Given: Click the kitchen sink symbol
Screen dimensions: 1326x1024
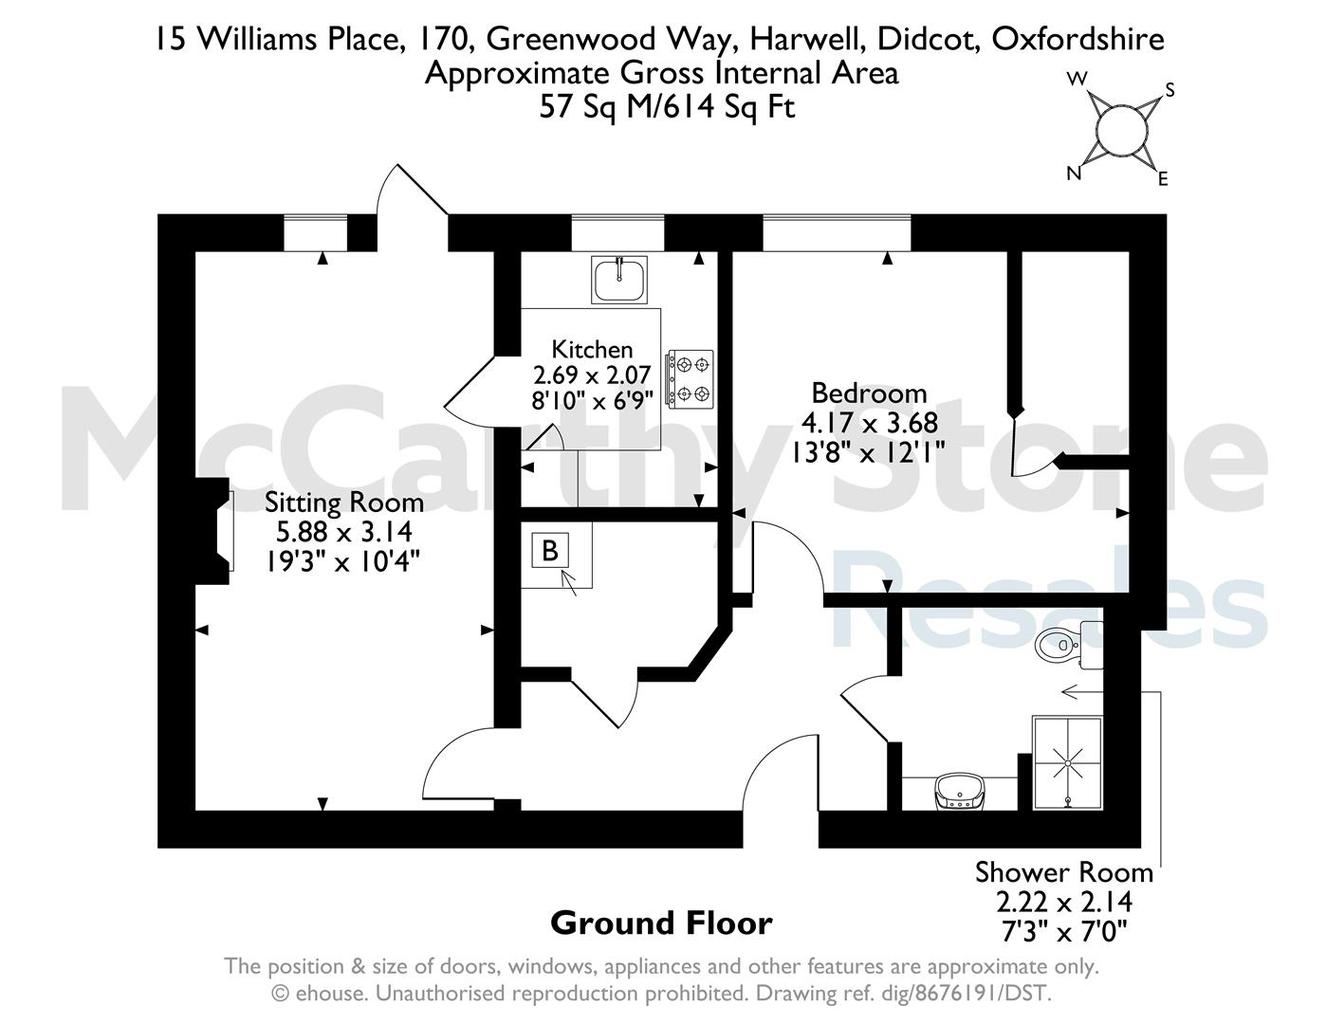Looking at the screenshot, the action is [618, 280].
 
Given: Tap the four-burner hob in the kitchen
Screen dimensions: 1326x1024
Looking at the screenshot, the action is [690, 378].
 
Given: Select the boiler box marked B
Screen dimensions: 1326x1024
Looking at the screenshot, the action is [550, 551].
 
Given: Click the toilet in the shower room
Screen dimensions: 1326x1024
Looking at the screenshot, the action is [1069, 644].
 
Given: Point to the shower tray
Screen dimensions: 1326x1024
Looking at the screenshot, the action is [1067, 763].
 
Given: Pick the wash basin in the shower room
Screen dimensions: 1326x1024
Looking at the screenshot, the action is [960, 792].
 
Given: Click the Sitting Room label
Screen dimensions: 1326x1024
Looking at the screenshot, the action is [344, 503].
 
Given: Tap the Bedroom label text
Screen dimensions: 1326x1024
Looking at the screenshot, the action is [869, 393].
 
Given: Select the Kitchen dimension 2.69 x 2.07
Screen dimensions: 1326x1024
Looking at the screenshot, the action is [592, 374].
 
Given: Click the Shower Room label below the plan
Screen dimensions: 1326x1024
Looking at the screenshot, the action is [1063, 872].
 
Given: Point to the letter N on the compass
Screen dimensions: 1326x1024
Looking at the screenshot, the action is [1074, 174].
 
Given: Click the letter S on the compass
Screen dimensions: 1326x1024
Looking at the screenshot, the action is [1169, 91].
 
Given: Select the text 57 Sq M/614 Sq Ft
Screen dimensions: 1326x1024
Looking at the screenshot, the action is [667, 108].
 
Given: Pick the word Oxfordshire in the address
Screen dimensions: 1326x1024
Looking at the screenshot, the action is [1077, 39].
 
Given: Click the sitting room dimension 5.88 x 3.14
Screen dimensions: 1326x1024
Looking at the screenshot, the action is [344, 532].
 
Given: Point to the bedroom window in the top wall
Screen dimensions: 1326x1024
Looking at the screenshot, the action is [837, 233].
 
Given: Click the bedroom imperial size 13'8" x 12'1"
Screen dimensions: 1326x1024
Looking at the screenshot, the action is [868, 452].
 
